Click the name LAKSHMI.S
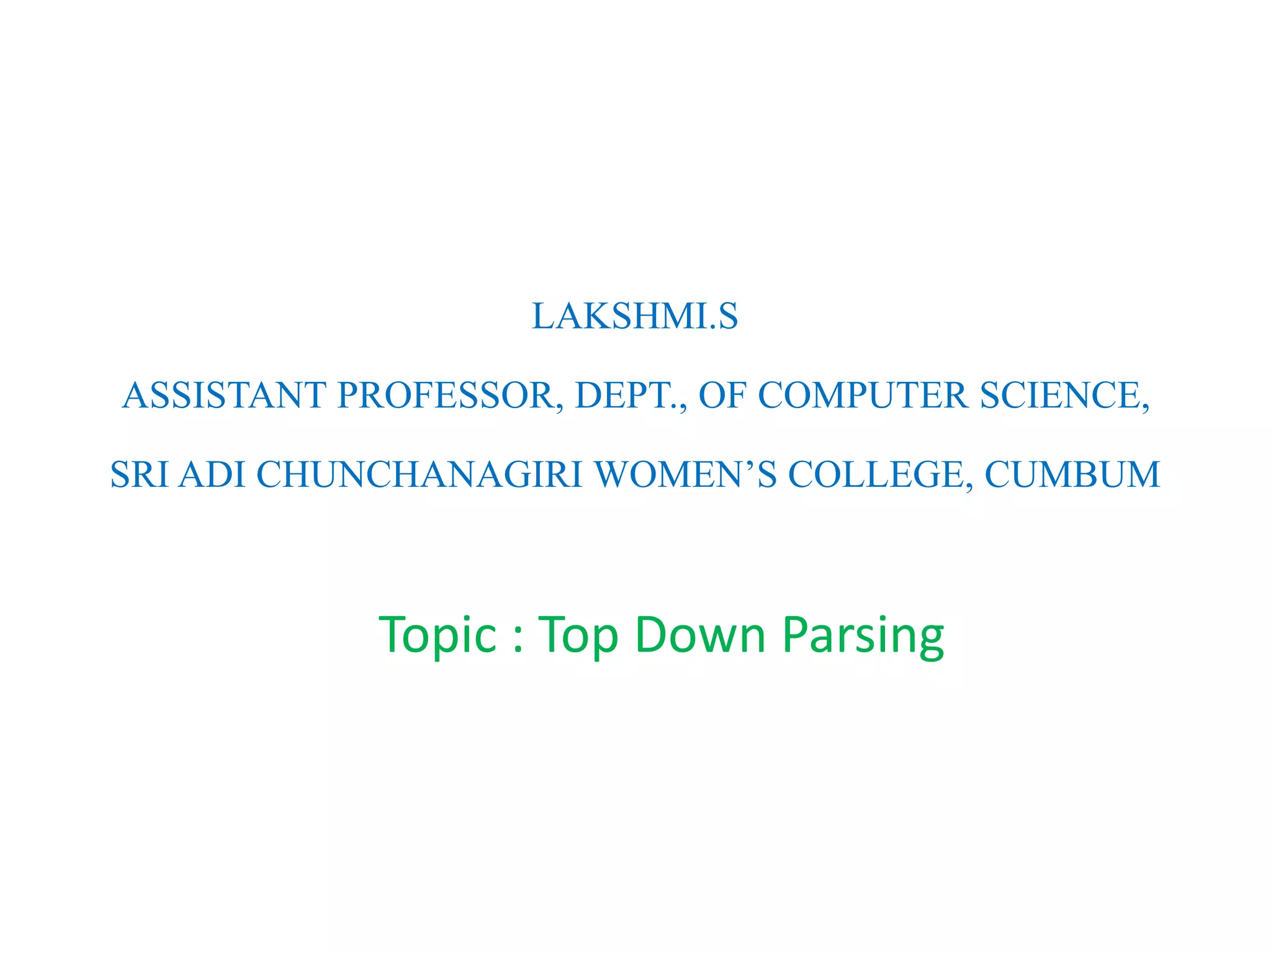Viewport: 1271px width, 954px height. pos(635,316)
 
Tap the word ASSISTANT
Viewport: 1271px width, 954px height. pos(224,396)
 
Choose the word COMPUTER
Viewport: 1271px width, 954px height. pos(863,396)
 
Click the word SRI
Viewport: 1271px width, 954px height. pos(139,475)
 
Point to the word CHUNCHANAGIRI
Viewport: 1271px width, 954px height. pos(420,475)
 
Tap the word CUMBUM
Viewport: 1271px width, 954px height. pos(1072,475)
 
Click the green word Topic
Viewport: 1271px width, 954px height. pos(438,635)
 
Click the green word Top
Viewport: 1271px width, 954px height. pos(578,635)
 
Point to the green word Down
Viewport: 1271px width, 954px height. pos(701,635)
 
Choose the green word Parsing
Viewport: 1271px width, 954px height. pos(863,635)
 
